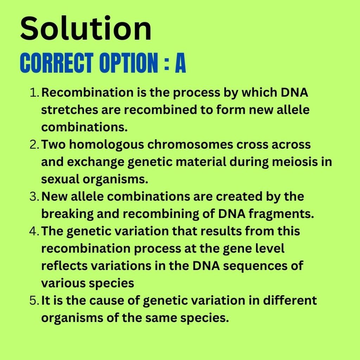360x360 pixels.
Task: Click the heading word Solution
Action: click(x=86, y=28)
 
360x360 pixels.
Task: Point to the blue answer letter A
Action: click(x=180, y=63)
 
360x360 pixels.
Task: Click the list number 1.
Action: click(x=34, y=93)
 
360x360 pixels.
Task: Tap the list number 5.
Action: click(x=35, y=301)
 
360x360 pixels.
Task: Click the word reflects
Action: click(x=64, y=266)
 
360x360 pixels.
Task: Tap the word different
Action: click(x=290, y=300)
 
